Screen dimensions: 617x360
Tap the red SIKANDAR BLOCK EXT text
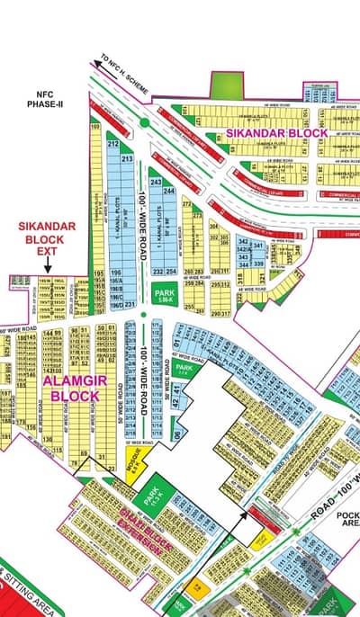coord(35,239)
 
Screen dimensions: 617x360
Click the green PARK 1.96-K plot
coord(163,292)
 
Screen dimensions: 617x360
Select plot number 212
coord(113,144)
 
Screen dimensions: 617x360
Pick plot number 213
coord(127,159)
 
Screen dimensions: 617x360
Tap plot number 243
coord(156,183)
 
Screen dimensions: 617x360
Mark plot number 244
coord(168,191)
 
